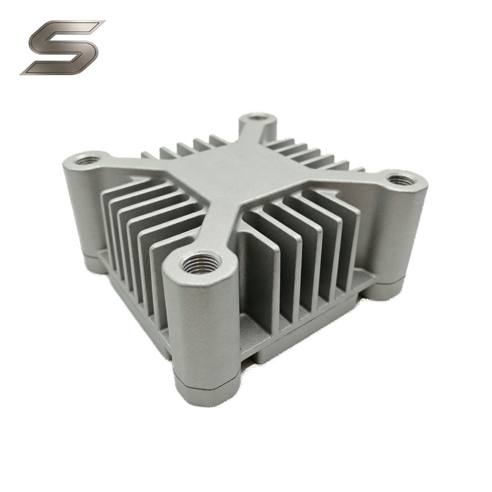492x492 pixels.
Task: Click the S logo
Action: (61, 47)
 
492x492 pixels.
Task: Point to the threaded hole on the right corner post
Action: (400, 180)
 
